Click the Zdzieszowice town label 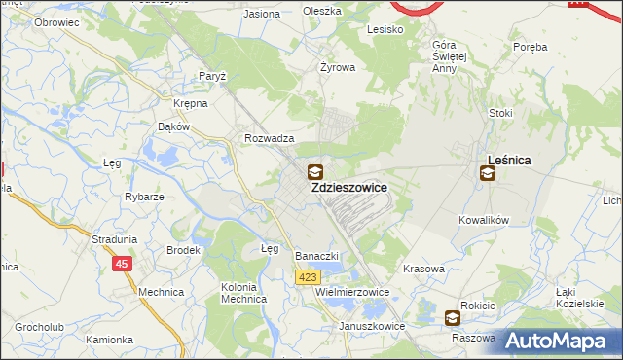(348, 188)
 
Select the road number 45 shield (122, 263)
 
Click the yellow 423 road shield (307, 277)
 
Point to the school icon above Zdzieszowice (315, 173)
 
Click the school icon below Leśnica (487, 174)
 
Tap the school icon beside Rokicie (452, 317)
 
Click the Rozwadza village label (270, 139)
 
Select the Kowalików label (484, 221)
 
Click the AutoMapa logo (558, 341)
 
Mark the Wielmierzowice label (352, 292)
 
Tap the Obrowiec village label (55, 20)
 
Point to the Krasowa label (422, 268)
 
